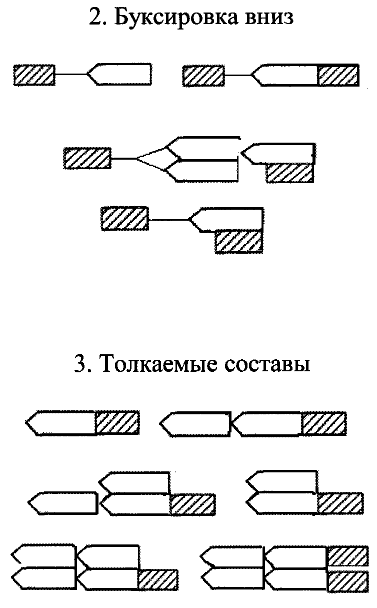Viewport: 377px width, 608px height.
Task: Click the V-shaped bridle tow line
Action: (x=150, y=159)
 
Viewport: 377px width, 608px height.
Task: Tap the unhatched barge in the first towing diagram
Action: (x=120, y=75)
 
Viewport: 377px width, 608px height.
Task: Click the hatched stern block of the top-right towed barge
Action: (x=338, y=75)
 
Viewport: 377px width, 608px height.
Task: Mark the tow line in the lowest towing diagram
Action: (x=168, y=220)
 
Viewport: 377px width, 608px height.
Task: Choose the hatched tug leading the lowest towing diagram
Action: (x=124, y=219)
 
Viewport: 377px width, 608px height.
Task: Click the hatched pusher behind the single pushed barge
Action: (x=116, y=422)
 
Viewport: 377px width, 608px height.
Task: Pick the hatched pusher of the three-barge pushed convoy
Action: (x=192, y=504)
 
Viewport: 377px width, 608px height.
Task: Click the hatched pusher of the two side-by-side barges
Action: (x=340, y=503)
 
